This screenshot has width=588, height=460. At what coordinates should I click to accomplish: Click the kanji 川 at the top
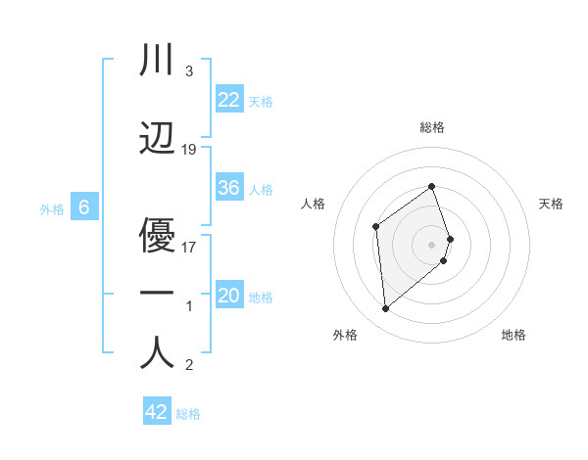click(x=157, y=61)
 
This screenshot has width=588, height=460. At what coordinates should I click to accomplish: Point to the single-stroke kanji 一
click(x=157, y=293)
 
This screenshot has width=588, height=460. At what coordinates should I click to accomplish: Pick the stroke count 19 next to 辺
click(x=189, y=150)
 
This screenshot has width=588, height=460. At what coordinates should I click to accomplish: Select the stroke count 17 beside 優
click(x=189, y=247)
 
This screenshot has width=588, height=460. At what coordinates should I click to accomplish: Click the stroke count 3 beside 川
click(x=188, y=72)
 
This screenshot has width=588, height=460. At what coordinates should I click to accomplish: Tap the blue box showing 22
click(x=228, y=99)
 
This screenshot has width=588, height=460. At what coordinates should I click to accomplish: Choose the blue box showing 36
click(x=228, y=188)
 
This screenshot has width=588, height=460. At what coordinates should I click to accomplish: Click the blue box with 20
click(x=228, y=296)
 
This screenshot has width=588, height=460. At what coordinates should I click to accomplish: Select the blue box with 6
click(x=84, y=207)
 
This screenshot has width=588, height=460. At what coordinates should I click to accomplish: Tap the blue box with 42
click(x=156, y=412)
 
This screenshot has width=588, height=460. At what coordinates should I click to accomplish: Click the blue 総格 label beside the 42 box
click(x=188, y=414)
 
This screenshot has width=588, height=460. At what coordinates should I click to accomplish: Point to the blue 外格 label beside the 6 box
click(x=52, y=208)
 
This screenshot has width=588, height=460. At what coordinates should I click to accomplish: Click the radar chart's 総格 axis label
click(x=432, y=127)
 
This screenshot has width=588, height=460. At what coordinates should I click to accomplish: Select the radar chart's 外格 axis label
click(x=345, y=335)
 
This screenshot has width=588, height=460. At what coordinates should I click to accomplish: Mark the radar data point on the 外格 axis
click(x=385, y=309)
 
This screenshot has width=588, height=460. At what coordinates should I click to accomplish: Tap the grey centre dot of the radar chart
click(x=432, y=244)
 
